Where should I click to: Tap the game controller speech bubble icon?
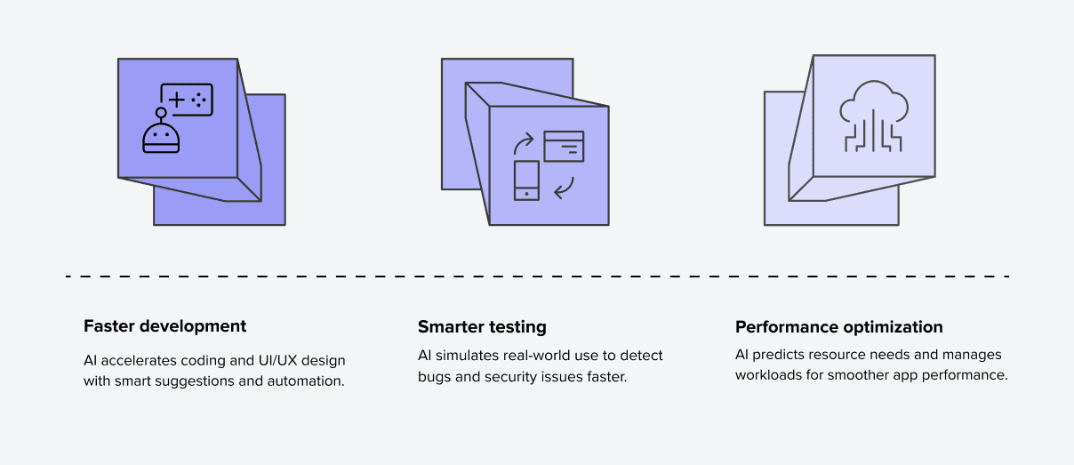click(x=187, y=100)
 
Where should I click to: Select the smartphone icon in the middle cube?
click(x=526, y=180)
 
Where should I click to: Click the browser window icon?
click(x=564, y=146)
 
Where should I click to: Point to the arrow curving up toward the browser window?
click(x=523, y=143)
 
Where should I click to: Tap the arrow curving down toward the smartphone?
click(x=565, y=188)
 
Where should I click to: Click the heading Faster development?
click(x=165, y=326)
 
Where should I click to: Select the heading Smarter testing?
click(x=482, y=327)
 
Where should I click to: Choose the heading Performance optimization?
click(x=839, y=327)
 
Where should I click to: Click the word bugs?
click(x=435, y=377)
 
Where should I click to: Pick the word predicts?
click(x=773, y=356)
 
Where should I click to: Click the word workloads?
click(x=768, y=375)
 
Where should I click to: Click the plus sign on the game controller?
click(x=176, y=100)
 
